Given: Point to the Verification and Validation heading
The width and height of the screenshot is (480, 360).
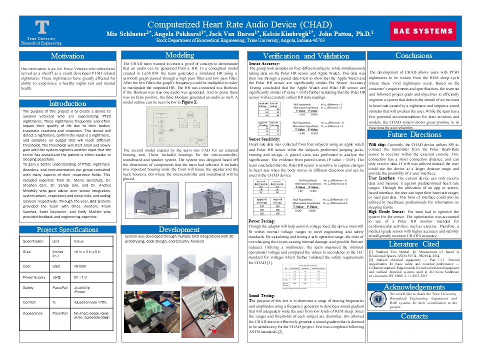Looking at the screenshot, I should click(x=305, y=56).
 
